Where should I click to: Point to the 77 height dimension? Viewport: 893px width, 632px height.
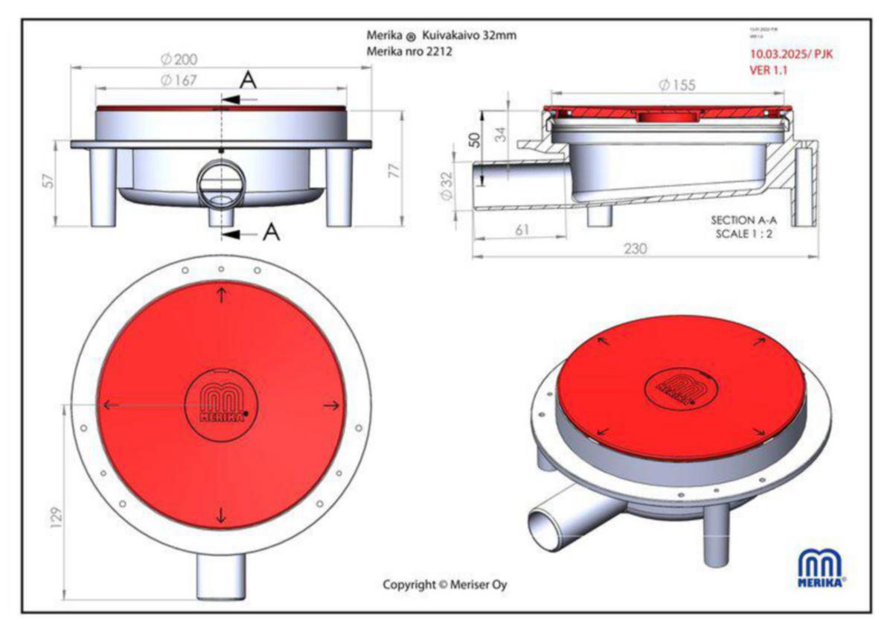pos(395,170)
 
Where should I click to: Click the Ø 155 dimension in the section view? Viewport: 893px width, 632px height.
pos(676,85)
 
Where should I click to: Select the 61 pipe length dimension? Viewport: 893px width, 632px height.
pos(522,230)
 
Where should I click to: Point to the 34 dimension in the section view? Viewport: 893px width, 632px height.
pos(502,134)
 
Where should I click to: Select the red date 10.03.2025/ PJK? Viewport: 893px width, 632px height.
pos(791,54)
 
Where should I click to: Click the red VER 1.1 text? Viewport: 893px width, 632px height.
pos(770,70)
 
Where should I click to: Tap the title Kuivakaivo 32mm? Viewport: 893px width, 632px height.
pos(469,36)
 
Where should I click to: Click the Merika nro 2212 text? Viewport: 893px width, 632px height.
pos(410,52)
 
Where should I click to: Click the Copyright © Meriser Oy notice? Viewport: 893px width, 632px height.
pos(445,584)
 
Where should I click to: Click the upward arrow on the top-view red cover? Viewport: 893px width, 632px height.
pos(222,294)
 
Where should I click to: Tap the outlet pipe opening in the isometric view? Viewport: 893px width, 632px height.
pos(542,528)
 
